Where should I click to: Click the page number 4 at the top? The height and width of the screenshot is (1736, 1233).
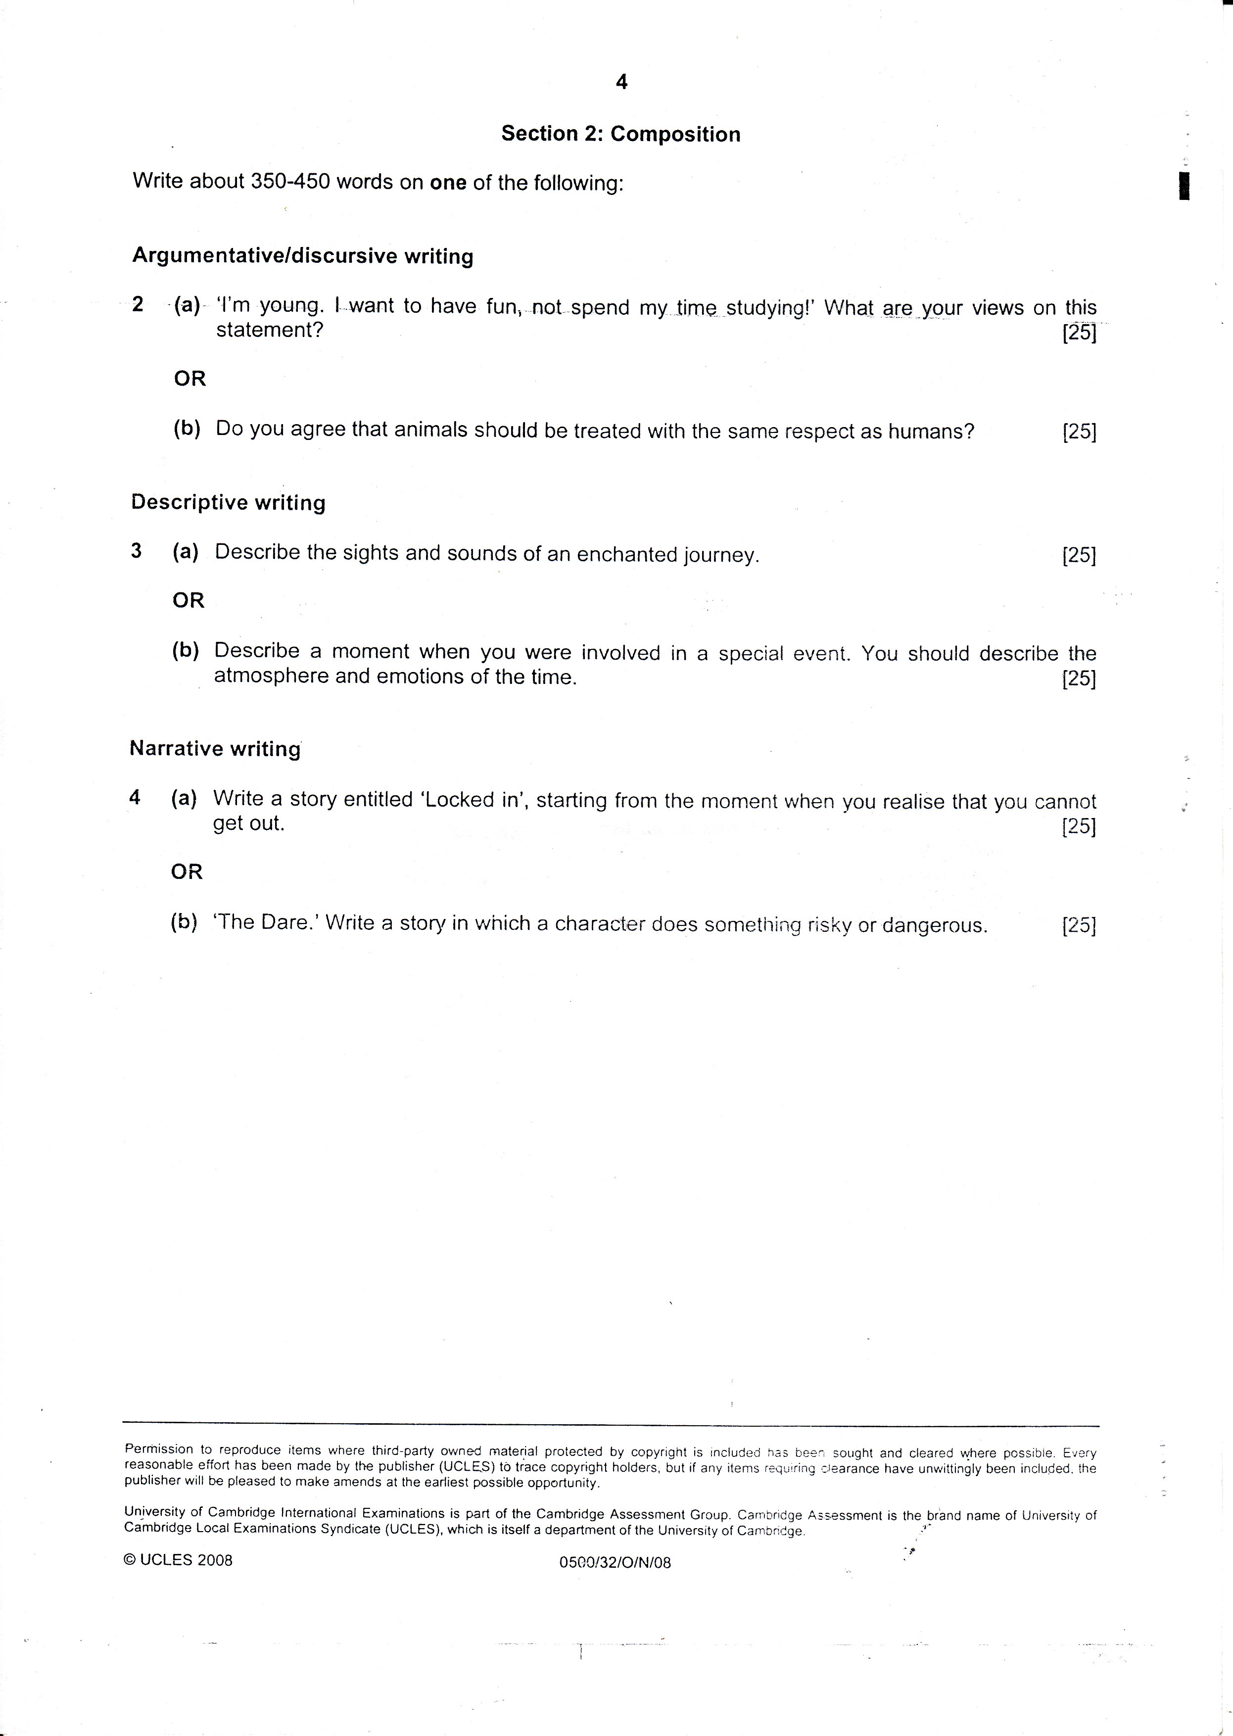[x=621, y=82]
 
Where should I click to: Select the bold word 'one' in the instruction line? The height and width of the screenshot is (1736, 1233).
[x=448, y=183]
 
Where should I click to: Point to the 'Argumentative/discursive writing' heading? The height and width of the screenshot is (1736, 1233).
[x=302, y=256]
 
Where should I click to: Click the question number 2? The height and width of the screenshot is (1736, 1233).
[x=138, y=304]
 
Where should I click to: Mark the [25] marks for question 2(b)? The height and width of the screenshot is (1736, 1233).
[x=1079, y=432]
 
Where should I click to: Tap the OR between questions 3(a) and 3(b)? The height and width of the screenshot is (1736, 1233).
[x=189, y=601]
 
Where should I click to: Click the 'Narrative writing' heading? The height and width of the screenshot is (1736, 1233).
[x=215, y=749]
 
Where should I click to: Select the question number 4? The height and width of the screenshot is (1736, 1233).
[x=135, y=797]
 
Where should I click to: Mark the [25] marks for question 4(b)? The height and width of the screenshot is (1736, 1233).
[x=1079, y=926]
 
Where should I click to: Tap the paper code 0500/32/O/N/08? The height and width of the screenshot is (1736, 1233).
[x=615, y=1563]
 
